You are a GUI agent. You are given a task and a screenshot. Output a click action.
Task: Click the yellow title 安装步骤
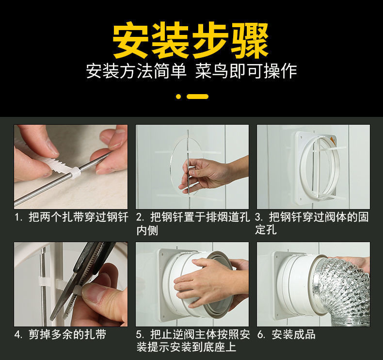191,40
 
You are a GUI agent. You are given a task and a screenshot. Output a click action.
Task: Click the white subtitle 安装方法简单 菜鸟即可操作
191,71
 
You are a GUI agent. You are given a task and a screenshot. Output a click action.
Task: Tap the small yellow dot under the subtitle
178,96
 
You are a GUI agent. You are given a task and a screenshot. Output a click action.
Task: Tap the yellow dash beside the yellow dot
198,96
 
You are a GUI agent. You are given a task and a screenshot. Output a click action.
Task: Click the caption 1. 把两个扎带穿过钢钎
71,217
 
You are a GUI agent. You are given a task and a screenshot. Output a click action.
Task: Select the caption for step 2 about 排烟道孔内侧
193,223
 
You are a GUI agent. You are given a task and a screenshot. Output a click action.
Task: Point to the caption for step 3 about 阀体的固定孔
312,223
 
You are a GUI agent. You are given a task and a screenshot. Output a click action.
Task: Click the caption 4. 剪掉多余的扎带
60,334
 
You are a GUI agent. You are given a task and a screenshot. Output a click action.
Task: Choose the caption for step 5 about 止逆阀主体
193,341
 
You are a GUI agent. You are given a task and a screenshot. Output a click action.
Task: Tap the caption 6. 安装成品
286,334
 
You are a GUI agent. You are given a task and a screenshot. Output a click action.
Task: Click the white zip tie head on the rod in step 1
75,172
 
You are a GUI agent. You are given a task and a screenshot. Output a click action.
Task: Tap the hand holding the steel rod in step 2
210,174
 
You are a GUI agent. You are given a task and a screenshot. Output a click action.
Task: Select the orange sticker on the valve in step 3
332,141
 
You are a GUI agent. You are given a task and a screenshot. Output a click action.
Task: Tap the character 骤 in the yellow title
250,40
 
